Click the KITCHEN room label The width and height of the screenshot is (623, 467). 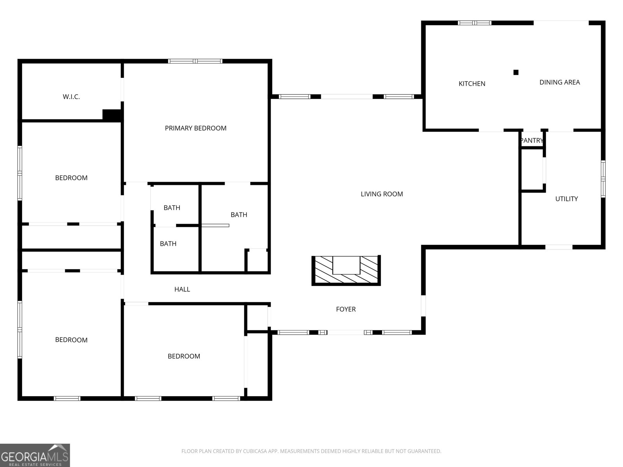(472, 84)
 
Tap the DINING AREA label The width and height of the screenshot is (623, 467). (560, 82)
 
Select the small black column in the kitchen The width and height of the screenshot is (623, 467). (516, 72)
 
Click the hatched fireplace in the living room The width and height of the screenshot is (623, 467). (346, 270)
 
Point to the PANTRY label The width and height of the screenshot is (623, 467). (532, 140)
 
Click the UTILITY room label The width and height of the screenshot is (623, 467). (566, 199)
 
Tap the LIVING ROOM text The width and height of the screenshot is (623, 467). (382, 194)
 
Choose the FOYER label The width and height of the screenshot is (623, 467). (346, 309)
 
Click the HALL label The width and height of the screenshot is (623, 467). (182, 289)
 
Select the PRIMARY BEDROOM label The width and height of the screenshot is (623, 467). (195, 128)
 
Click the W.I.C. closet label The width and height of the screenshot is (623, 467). (71, 97)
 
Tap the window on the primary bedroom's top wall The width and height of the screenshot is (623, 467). (195, 61)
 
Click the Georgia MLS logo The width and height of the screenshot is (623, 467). (35, 455)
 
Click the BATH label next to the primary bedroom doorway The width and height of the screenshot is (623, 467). (239, 214)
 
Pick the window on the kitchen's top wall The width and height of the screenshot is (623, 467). (475, 23)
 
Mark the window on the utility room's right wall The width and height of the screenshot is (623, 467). (603, 179)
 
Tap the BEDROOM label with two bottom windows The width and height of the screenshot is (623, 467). (184, 356)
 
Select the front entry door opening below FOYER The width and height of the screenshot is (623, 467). (346, 332)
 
